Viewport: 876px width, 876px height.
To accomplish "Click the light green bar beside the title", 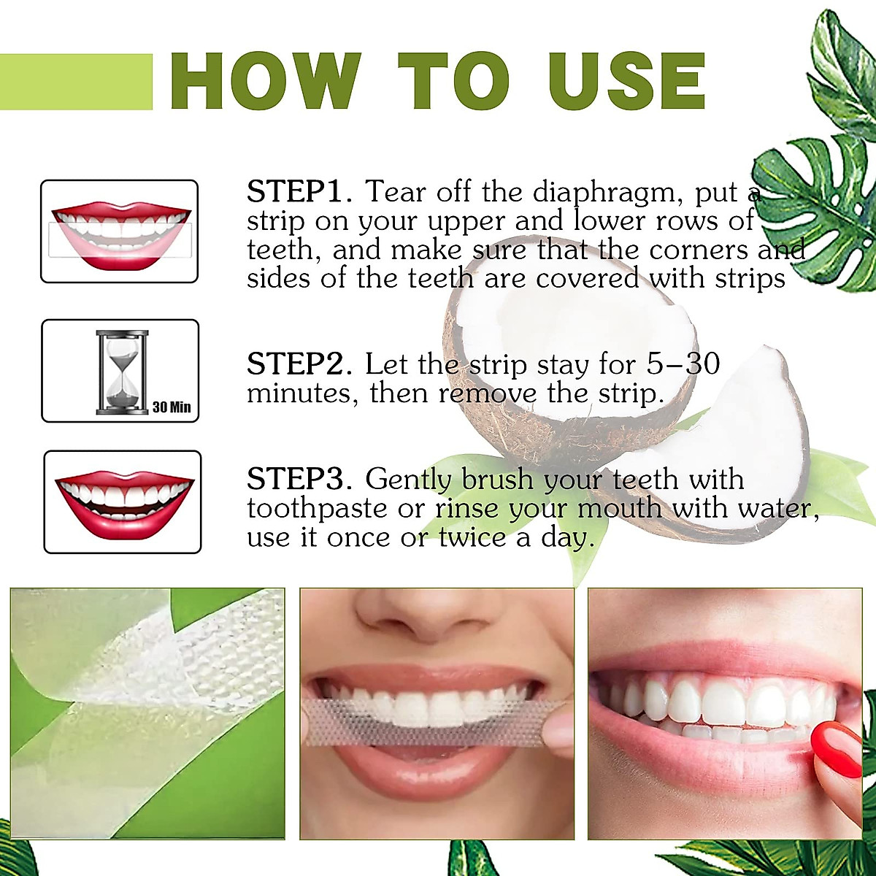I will pos(76,82).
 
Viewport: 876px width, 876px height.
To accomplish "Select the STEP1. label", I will pos(300,192).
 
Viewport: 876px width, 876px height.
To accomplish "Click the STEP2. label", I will pos(300,364).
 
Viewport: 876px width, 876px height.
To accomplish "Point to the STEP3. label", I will pos(300,480).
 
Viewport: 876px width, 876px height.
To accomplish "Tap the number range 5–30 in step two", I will pos(683,364).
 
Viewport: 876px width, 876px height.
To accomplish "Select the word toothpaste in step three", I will pos(317,509).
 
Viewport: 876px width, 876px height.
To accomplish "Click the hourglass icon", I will pos(122,372).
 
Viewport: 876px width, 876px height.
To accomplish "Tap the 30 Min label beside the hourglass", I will pos(172,407).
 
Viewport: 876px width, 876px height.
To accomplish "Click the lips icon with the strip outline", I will pos(120,231).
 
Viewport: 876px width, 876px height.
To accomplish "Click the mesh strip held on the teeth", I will pos(431,721).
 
